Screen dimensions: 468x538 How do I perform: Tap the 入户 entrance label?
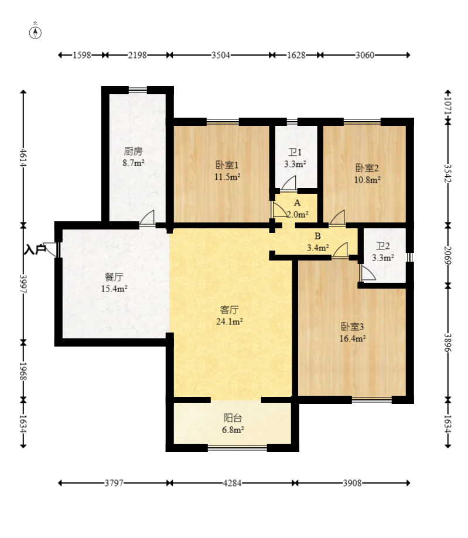(35, 249)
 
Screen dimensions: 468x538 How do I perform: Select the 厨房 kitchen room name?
(133, 151)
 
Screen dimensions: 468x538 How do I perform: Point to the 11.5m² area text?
(227, 177)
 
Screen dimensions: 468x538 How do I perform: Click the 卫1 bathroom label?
(295, 152)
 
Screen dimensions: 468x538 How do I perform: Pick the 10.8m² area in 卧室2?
(367, 180)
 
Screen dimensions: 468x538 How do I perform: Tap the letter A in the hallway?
(297, 203)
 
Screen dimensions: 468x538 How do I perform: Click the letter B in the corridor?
(317, 236)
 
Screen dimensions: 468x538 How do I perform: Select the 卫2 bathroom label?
(383, 246)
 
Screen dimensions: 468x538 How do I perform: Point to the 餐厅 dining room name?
(114, 277)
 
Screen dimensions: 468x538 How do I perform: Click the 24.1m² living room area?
(230, 321)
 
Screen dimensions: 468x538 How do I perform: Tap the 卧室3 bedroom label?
(352, 326)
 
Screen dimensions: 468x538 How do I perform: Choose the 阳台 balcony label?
(233, 418)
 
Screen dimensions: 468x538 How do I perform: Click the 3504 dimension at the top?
(221, 55)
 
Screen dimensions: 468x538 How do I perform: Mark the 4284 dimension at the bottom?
(232, 483)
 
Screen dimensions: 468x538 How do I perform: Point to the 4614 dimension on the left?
(23, 157)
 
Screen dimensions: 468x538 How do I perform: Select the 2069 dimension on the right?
(447, 255)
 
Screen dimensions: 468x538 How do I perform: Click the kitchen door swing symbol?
(147, 218)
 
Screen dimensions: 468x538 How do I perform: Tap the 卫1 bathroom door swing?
(289, 183)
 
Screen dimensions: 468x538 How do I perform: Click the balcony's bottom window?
(237, 447)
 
